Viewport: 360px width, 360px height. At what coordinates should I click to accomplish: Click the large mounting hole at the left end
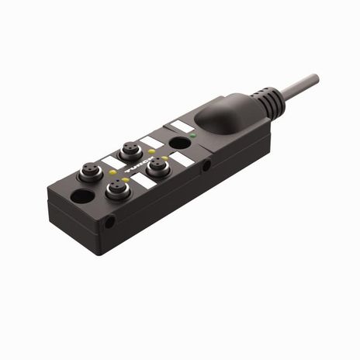(x=80, y=197)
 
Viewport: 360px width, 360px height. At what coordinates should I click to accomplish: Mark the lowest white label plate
(x=144, y=184)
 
